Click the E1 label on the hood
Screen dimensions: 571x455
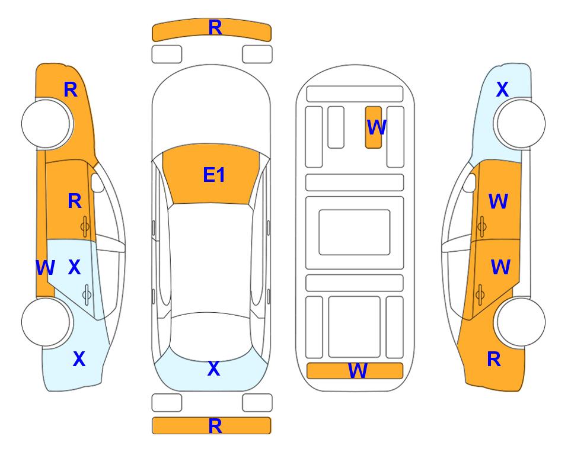[x=214, y=175]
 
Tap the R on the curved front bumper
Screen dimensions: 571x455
[x=215, y=28]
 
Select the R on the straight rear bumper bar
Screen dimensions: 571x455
[x=215, y=426]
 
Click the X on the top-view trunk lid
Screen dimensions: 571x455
[x=214, y=369]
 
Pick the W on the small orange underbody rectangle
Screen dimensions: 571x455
[x=376, y=127]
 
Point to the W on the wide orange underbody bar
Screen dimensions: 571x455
[x=357, y=371]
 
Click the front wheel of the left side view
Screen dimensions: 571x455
[x=47, y=124]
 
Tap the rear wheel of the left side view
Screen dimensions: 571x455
[x=47, y=322]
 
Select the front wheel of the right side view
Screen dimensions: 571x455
[x=520, y=124]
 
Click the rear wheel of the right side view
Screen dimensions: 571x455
[x=520, y=322]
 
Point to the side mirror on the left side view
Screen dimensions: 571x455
[x=97, y=182]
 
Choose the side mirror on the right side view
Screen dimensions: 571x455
[x=470, y=182]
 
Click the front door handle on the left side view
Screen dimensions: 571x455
[x=85, y=226]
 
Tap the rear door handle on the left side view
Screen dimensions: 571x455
[x=87, y=294]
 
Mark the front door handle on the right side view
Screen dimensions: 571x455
[x=481, y=226]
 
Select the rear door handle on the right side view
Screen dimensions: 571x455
[x=480, y=294]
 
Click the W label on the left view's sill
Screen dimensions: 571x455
[x=45, y=268]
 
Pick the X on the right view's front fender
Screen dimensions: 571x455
[x=502, y=89]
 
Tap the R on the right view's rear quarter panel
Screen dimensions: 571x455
[x=494, y=359]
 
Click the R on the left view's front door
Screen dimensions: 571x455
[x=75, y=201]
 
